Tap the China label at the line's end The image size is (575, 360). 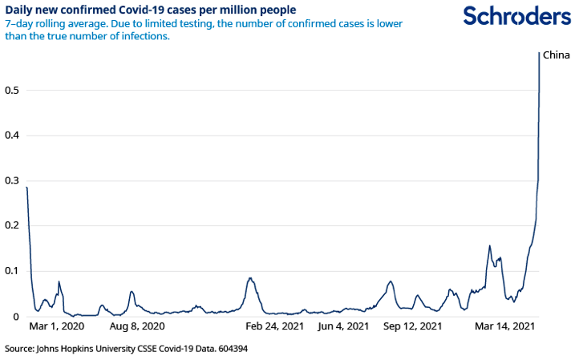[557, 55]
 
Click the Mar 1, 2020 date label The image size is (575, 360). [56, 326]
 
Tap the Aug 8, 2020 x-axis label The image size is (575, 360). [136, 326]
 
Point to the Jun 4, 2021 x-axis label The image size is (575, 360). [343, 326]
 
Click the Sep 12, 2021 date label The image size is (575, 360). [412, 326]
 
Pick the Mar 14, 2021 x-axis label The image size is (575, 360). [504, 326]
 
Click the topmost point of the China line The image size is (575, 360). [539, 53]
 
